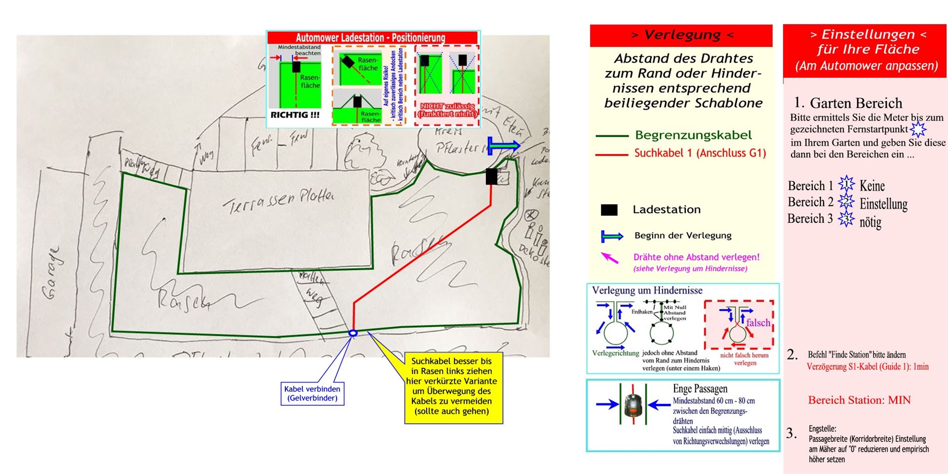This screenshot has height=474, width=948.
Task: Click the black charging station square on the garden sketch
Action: click(491, 176)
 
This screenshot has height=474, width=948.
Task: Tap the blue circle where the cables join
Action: click(353, 333)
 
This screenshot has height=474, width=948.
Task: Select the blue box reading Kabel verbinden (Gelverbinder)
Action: click(312, 394)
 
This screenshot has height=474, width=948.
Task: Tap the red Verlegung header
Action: click(681, 35)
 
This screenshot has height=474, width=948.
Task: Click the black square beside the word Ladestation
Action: click(609, 210)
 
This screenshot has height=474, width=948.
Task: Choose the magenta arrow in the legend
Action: click(610, 258)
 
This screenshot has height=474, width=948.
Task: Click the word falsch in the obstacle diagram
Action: click(758, 322)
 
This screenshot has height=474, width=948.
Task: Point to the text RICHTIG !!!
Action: click(295, 115)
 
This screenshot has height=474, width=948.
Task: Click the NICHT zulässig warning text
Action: click(447, 110)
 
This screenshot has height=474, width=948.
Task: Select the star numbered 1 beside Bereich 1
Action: click(846, 184)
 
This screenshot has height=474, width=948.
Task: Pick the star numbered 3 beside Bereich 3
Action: click(846, 218)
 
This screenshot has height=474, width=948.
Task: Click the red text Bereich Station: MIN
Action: click(859, 400)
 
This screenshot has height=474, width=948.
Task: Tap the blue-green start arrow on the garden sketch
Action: click(504, 146)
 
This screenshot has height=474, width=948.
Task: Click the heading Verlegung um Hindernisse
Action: click(647, 290)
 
